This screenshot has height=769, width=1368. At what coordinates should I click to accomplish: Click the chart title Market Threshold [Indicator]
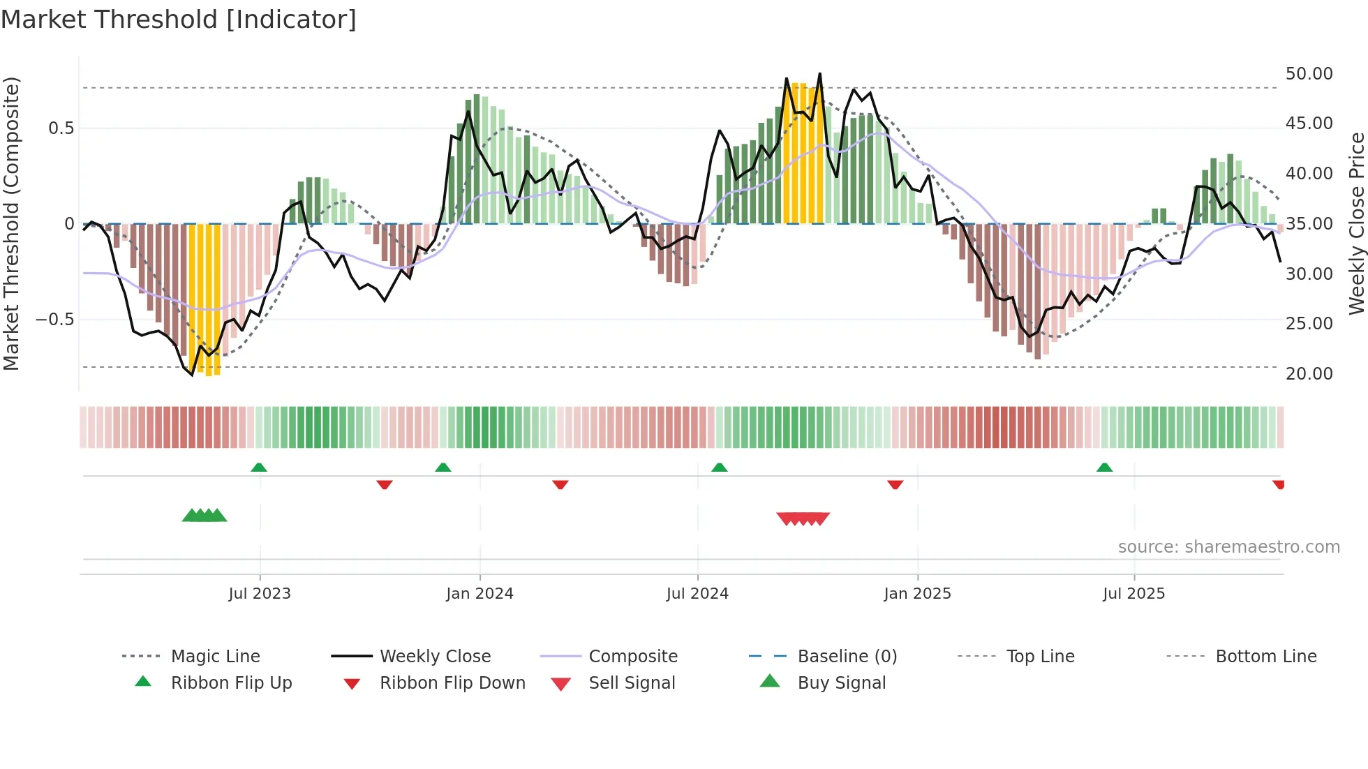[x=179, y=20]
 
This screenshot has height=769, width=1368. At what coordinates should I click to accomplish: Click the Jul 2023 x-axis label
[x=260, y=594]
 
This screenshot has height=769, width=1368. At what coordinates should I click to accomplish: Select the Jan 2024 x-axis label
[x=479, y=594]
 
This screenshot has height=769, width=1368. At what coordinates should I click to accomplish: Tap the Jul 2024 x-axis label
[x=697, y=594]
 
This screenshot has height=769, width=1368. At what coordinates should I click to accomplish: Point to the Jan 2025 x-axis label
[x=917, y=594]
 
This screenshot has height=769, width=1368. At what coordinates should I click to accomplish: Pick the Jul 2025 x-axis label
[x=1134, y=594]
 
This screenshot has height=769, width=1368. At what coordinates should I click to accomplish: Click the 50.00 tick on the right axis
[x=1309, y=74]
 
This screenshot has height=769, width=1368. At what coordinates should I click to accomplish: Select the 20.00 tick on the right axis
[x=1309, y=374]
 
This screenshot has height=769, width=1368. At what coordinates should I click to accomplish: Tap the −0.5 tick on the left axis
[x=54, y=320]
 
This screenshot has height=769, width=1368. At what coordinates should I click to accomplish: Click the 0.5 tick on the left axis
[x=61, y=128]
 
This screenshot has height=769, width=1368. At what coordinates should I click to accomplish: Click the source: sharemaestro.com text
[x=1228, y=547]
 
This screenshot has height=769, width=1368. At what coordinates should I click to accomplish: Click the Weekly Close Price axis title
[x=1356, y=223]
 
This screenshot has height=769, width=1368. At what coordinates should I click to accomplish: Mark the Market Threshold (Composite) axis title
[x=11, y=223]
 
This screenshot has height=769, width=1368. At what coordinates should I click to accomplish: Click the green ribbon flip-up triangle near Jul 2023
[x=259, y=467]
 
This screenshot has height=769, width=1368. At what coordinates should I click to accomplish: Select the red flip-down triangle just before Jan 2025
[x=895, y=484]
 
